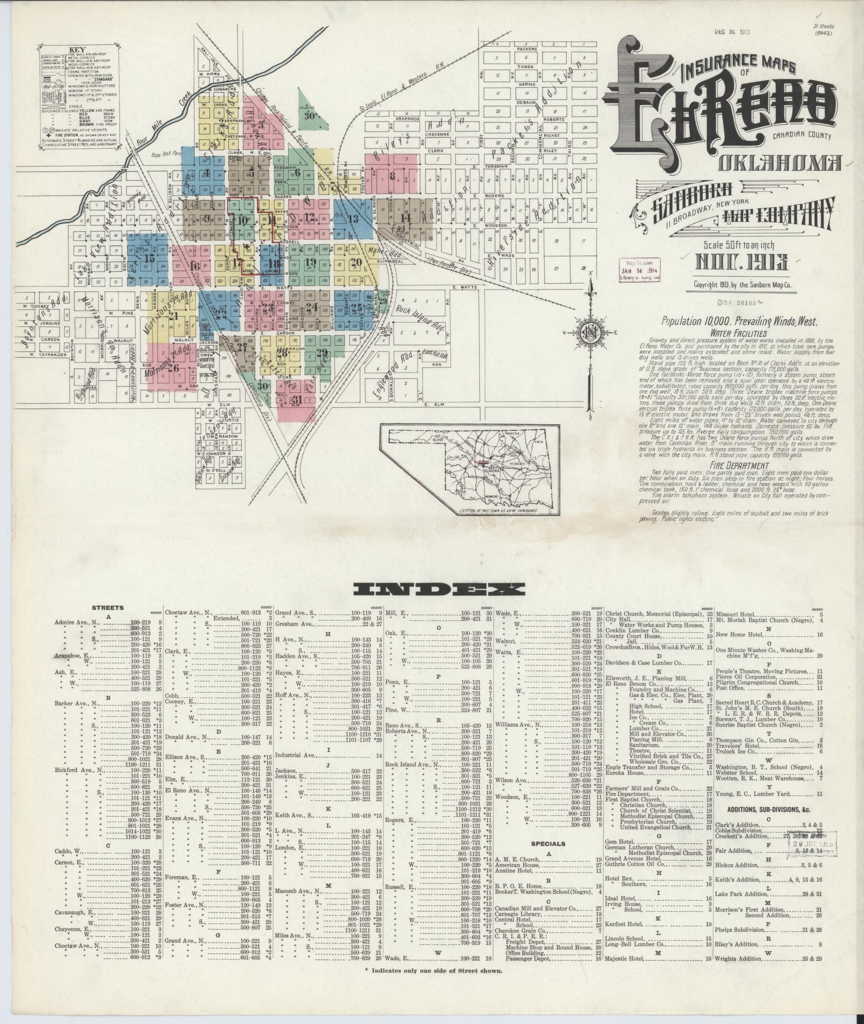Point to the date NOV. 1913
(741, 262)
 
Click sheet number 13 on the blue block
(352, 218)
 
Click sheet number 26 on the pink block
(173, 368)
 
